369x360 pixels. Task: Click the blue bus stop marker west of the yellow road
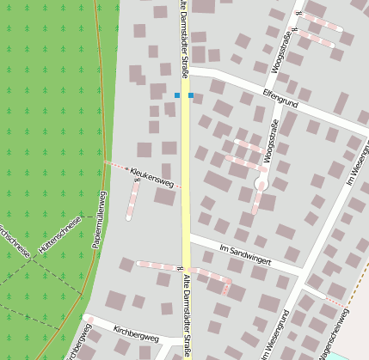(176, 95)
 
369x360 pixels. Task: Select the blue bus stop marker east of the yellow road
(191, 95)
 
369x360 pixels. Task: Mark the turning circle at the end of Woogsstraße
(261, 184)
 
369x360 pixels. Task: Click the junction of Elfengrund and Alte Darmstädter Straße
(185, 69)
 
